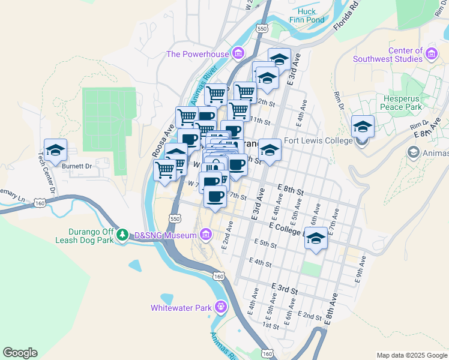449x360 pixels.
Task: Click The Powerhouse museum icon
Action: [x=238, y=54]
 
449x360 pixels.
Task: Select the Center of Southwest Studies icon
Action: [x=431, y=55]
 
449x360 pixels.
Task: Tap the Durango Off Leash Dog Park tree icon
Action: [x=122, y=233]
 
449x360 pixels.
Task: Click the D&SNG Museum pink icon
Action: [x=206, y=234]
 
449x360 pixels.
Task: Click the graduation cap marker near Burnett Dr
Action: [x=55, y=150]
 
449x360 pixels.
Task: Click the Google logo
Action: [x=20, y=353]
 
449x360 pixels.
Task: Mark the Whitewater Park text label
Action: [x=181, y=308]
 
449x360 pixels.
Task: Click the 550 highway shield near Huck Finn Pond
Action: [x=261, y=28]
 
